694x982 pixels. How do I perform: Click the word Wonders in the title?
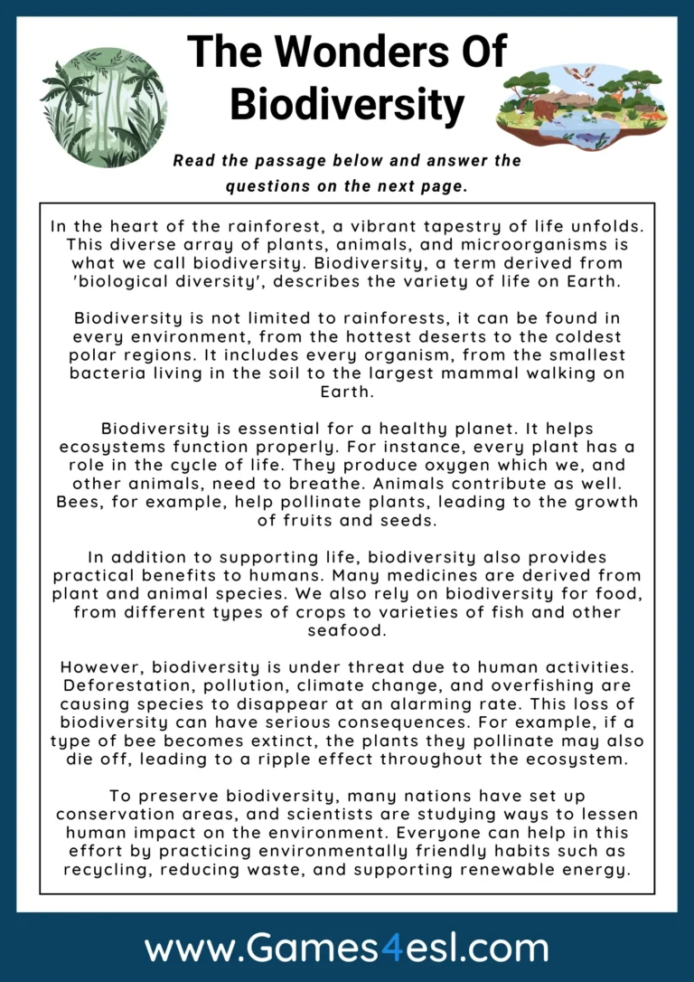[347, 52]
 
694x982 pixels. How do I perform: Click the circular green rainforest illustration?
[104, 107]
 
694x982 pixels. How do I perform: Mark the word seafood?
[347, 630]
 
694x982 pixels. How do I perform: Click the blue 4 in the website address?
[368, 949]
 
